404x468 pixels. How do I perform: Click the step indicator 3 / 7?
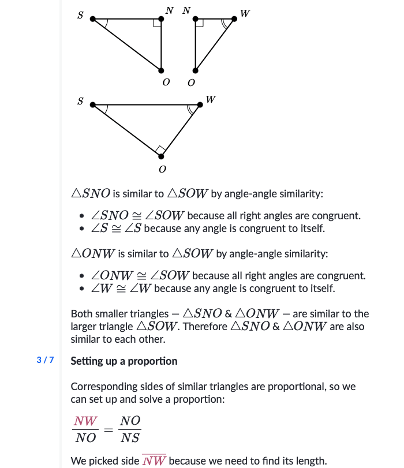coord(45,361)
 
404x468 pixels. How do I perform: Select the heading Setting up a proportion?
coord(124,361)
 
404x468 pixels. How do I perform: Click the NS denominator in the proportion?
coord(130,438)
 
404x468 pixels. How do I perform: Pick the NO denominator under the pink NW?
coord(85,438)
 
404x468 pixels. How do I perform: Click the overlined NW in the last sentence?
coord(154,460)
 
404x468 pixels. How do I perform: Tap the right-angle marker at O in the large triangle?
coord(161,151)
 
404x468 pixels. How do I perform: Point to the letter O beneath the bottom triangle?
coord(162,170)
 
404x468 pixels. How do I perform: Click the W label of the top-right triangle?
coord(245,13)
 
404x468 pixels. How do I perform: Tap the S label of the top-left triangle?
coord(80,16)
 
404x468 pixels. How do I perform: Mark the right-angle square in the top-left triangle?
coord(157,23)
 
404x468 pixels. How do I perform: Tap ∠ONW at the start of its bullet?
coord(113,276)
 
